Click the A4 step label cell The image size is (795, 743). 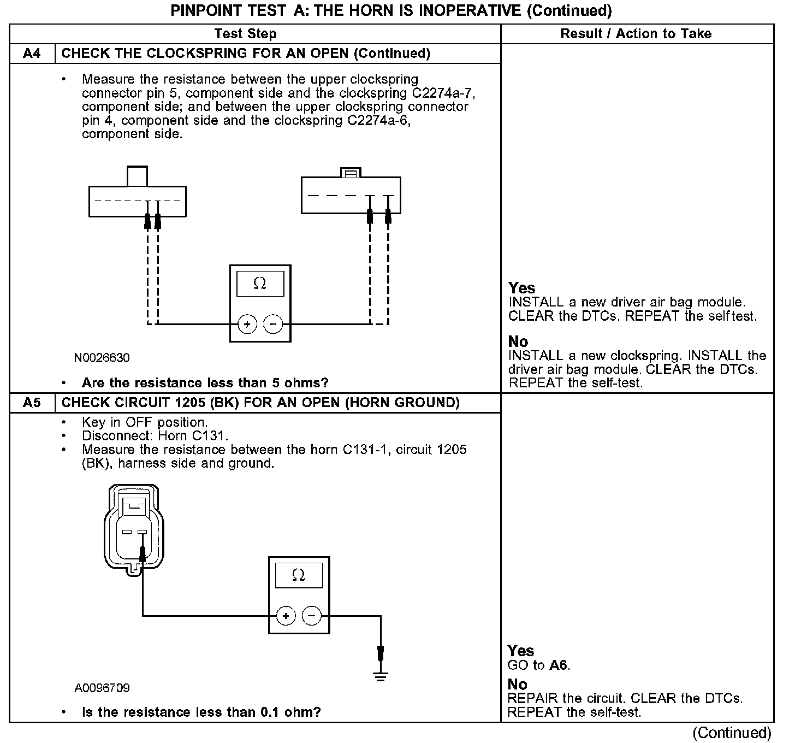(x=32, y=54)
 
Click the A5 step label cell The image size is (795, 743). (x=32, y=403)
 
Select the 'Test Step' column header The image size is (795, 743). (x=245, y=34)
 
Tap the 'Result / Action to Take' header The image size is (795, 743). (x=636, y=34)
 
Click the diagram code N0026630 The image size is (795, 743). (x=102, y=358)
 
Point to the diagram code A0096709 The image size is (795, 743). (x=102, y=688)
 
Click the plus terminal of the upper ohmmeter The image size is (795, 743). (x=247, y=325)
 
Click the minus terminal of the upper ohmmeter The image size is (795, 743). (x=273, y=325)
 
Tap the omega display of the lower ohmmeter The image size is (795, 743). (x=299, y=575)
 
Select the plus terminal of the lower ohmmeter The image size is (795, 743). (x=286, y=616)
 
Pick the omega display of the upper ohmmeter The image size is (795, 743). (x=260, y=284)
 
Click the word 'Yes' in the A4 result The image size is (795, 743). (x=521, y=288)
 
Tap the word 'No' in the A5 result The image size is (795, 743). (x=517, y=685)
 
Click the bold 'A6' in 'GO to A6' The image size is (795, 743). (x=559, y=665)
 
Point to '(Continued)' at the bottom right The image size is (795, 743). (x=732, y=733)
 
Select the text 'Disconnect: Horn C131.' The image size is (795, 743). (x=155, y=436)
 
